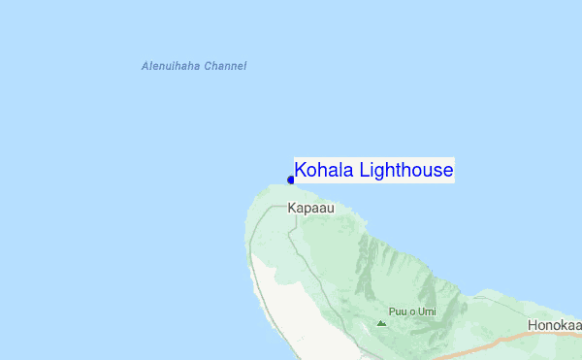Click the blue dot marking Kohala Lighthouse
click(x=291, y=180)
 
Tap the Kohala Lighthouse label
click(x=373, y=171)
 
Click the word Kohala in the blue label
click(x=324, y=171)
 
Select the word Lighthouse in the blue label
click(x=405, y=172)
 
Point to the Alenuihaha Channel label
click(x=194, y=66)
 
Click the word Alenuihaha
click(x=170, y=66)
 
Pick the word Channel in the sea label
click(x=225, y=66)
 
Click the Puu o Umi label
click(x=408, y=311)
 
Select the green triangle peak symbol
click(x=381, y=322)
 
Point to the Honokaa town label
click(x=554, y=325)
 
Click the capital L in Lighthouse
click(x=364, y=171)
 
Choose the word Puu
click(x=396, y=311)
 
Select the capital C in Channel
click(x=208, y=66)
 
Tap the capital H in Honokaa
click(x=533, y=325)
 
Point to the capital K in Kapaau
click(x=292, y=208)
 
